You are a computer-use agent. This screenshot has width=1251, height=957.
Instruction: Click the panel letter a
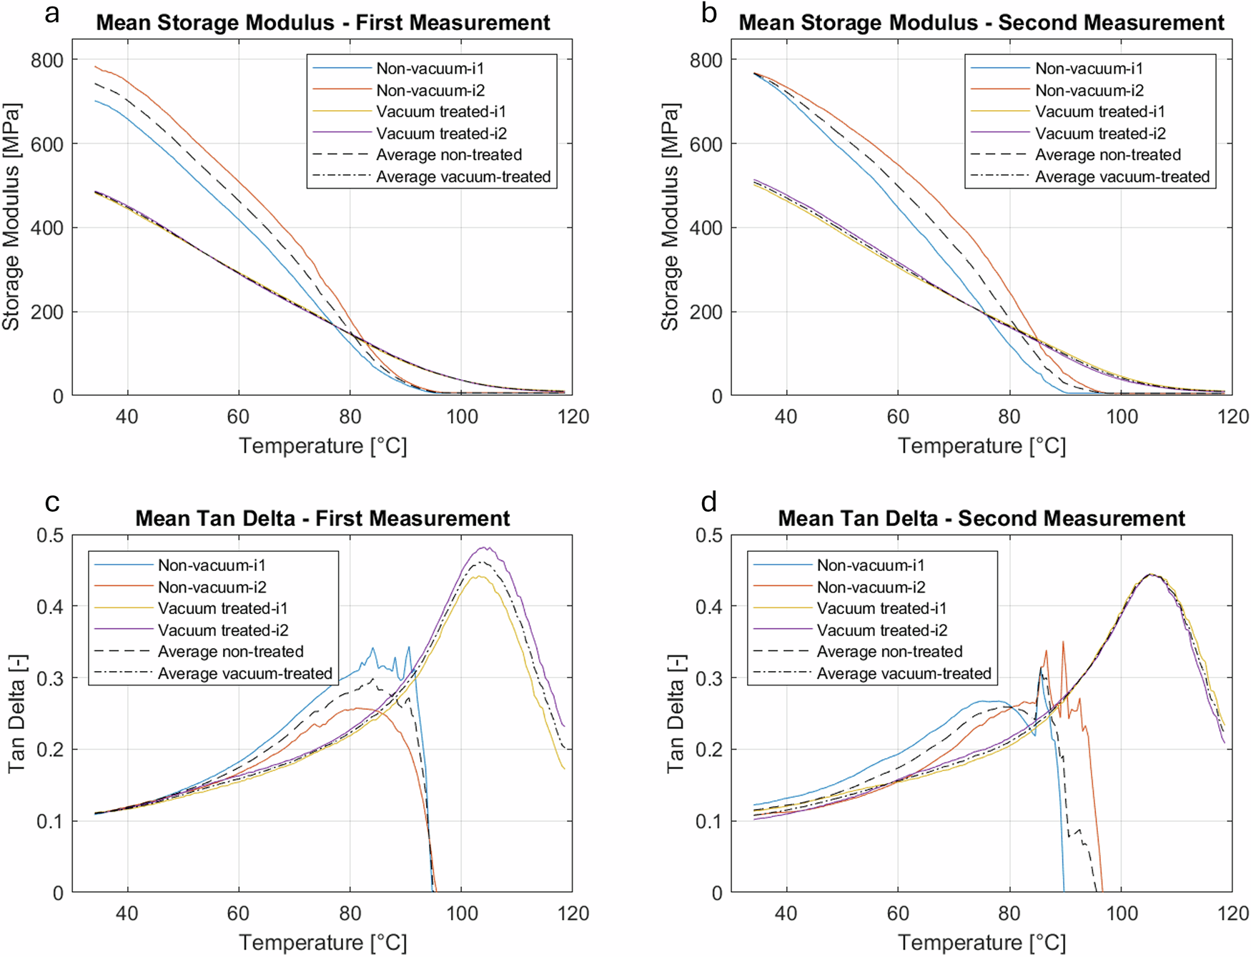pos(51,13)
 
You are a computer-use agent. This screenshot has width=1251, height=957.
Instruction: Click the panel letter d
pos(708,502)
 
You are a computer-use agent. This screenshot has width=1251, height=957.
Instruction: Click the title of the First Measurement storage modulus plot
pos(323,23)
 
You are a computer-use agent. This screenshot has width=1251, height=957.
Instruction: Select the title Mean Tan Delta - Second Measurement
pos(981,518)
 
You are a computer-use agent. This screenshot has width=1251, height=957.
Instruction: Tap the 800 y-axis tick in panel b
pos(706,60)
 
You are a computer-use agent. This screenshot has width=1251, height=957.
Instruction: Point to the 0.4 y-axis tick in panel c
pos(49,607)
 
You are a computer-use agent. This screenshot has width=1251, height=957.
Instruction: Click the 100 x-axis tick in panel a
pos(462,417)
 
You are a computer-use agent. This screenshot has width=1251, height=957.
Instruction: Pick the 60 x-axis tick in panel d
pos(897,913)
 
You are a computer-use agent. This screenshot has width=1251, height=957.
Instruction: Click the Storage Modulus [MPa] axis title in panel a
pos(11,217)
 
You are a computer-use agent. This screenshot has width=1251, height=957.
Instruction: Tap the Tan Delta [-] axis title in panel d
pos(675,713)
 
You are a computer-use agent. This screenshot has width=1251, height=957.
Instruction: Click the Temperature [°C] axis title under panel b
pos(981,446)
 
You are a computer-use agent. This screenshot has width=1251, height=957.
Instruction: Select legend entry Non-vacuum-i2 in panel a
pos(430,90)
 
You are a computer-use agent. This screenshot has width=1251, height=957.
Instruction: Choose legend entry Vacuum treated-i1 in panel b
pos(1099,111)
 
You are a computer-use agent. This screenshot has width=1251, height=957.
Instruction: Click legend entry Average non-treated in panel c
pos(230,652)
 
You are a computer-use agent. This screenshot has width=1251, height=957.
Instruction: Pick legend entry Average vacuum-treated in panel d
pos(904,673)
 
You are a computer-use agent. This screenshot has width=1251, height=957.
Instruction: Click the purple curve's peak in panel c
pos(485,548)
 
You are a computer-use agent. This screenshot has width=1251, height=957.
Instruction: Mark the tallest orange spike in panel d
pos(1063,642)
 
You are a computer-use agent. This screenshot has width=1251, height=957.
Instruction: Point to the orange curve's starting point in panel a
pos(95,66)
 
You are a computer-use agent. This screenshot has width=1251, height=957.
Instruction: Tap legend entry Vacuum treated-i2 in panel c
pos(223,630)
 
